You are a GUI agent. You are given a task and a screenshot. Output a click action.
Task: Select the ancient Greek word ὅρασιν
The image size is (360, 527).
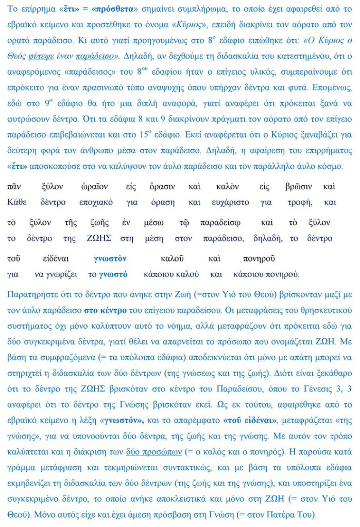click(162, 186)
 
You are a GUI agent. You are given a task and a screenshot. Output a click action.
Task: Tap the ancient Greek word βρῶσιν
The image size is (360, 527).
click(298, 186)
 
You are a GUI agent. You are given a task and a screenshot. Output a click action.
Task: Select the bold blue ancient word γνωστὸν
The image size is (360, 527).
click(110, 258)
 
